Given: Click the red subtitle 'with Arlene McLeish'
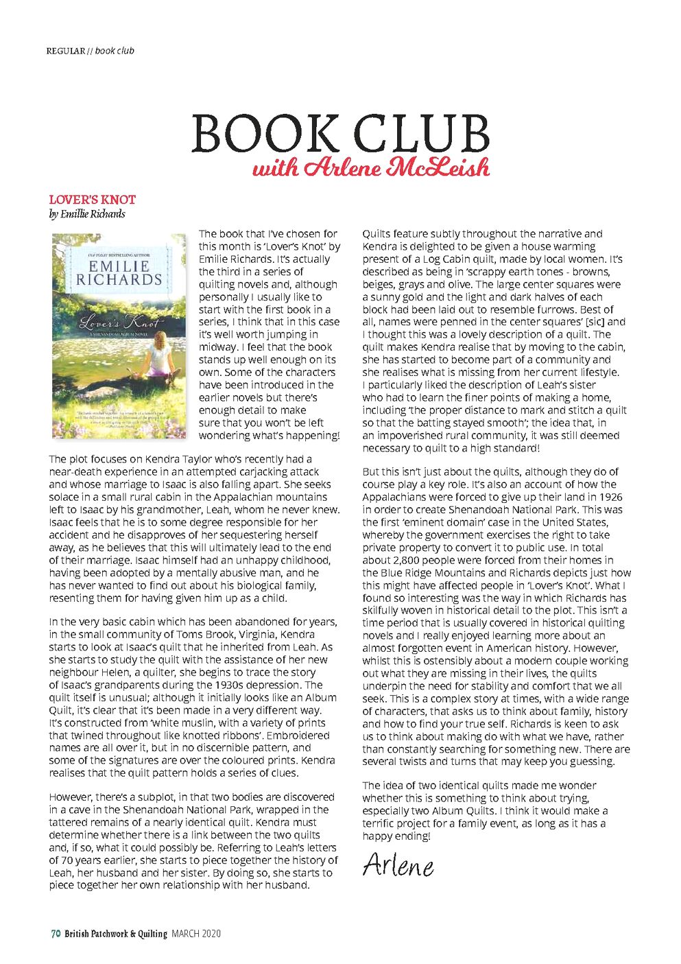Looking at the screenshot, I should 371,168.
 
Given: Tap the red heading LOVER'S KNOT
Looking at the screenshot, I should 92,200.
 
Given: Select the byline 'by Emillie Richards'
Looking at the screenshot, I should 86,214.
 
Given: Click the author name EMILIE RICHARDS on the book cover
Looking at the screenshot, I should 119,272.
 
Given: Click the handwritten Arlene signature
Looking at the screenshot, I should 398,865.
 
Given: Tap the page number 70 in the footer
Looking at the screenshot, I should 56,933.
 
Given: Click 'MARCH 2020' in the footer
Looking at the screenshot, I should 196,933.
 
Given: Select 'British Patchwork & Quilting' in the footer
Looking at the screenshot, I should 116,933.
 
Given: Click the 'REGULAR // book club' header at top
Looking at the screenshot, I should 90,51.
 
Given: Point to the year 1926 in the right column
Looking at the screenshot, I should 610,497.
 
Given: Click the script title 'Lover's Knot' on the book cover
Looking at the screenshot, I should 119,322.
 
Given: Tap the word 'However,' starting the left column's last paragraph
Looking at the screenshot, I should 70,797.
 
